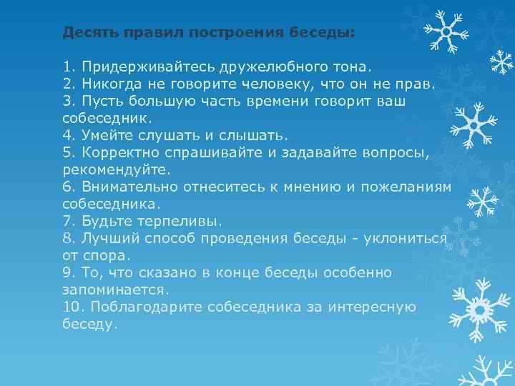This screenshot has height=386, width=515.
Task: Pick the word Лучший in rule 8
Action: tap(106, 238)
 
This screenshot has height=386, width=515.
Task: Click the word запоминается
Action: tap(114, 289)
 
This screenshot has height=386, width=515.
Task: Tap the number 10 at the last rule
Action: tap(70, 307)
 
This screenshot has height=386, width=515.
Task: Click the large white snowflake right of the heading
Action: tap(444, 30)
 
